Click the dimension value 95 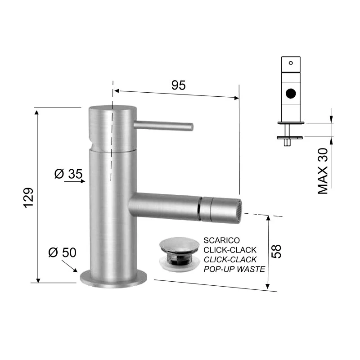click(x=179, y=85)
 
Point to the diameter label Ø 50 click(x=62, y=252)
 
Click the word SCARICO click(x=221, y=240)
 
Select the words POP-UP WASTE click(x=234, y=269)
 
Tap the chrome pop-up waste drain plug click(x=179, y=252)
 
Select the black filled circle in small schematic click(x=292, y=94)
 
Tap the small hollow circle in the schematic click(x=291, y=63)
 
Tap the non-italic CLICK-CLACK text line click(x=230, y=250)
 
